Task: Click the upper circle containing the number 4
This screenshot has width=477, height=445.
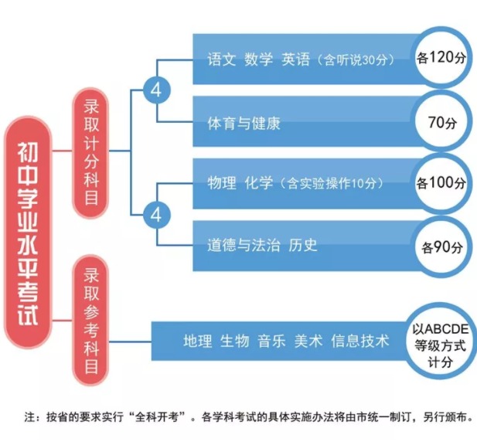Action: pos(156,90)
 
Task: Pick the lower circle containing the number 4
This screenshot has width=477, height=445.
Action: pos(156,214)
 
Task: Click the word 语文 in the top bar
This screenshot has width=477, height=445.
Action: pos(222,59)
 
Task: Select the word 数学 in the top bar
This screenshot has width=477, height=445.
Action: pos(259,59)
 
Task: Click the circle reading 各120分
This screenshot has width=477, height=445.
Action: pos(441,58)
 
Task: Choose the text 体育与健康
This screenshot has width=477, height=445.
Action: pos(244,123)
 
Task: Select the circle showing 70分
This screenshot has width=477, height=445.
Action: pos(441,121)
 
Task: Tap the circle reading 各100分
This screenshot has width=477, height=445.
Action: pos(441,183)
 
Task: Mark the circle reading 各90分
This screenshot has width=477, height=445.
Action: pos(441,247)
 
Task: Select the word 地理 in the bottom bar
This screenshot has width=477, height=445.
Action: pos(198,341)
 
